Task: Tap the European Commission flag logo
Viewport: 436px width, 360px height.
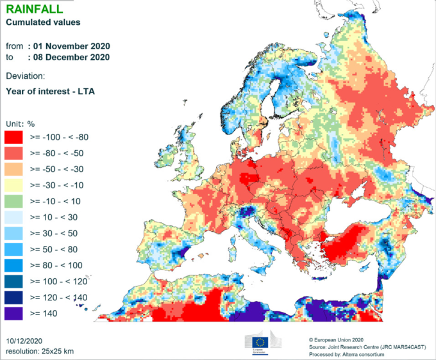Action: pos(262,342)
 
